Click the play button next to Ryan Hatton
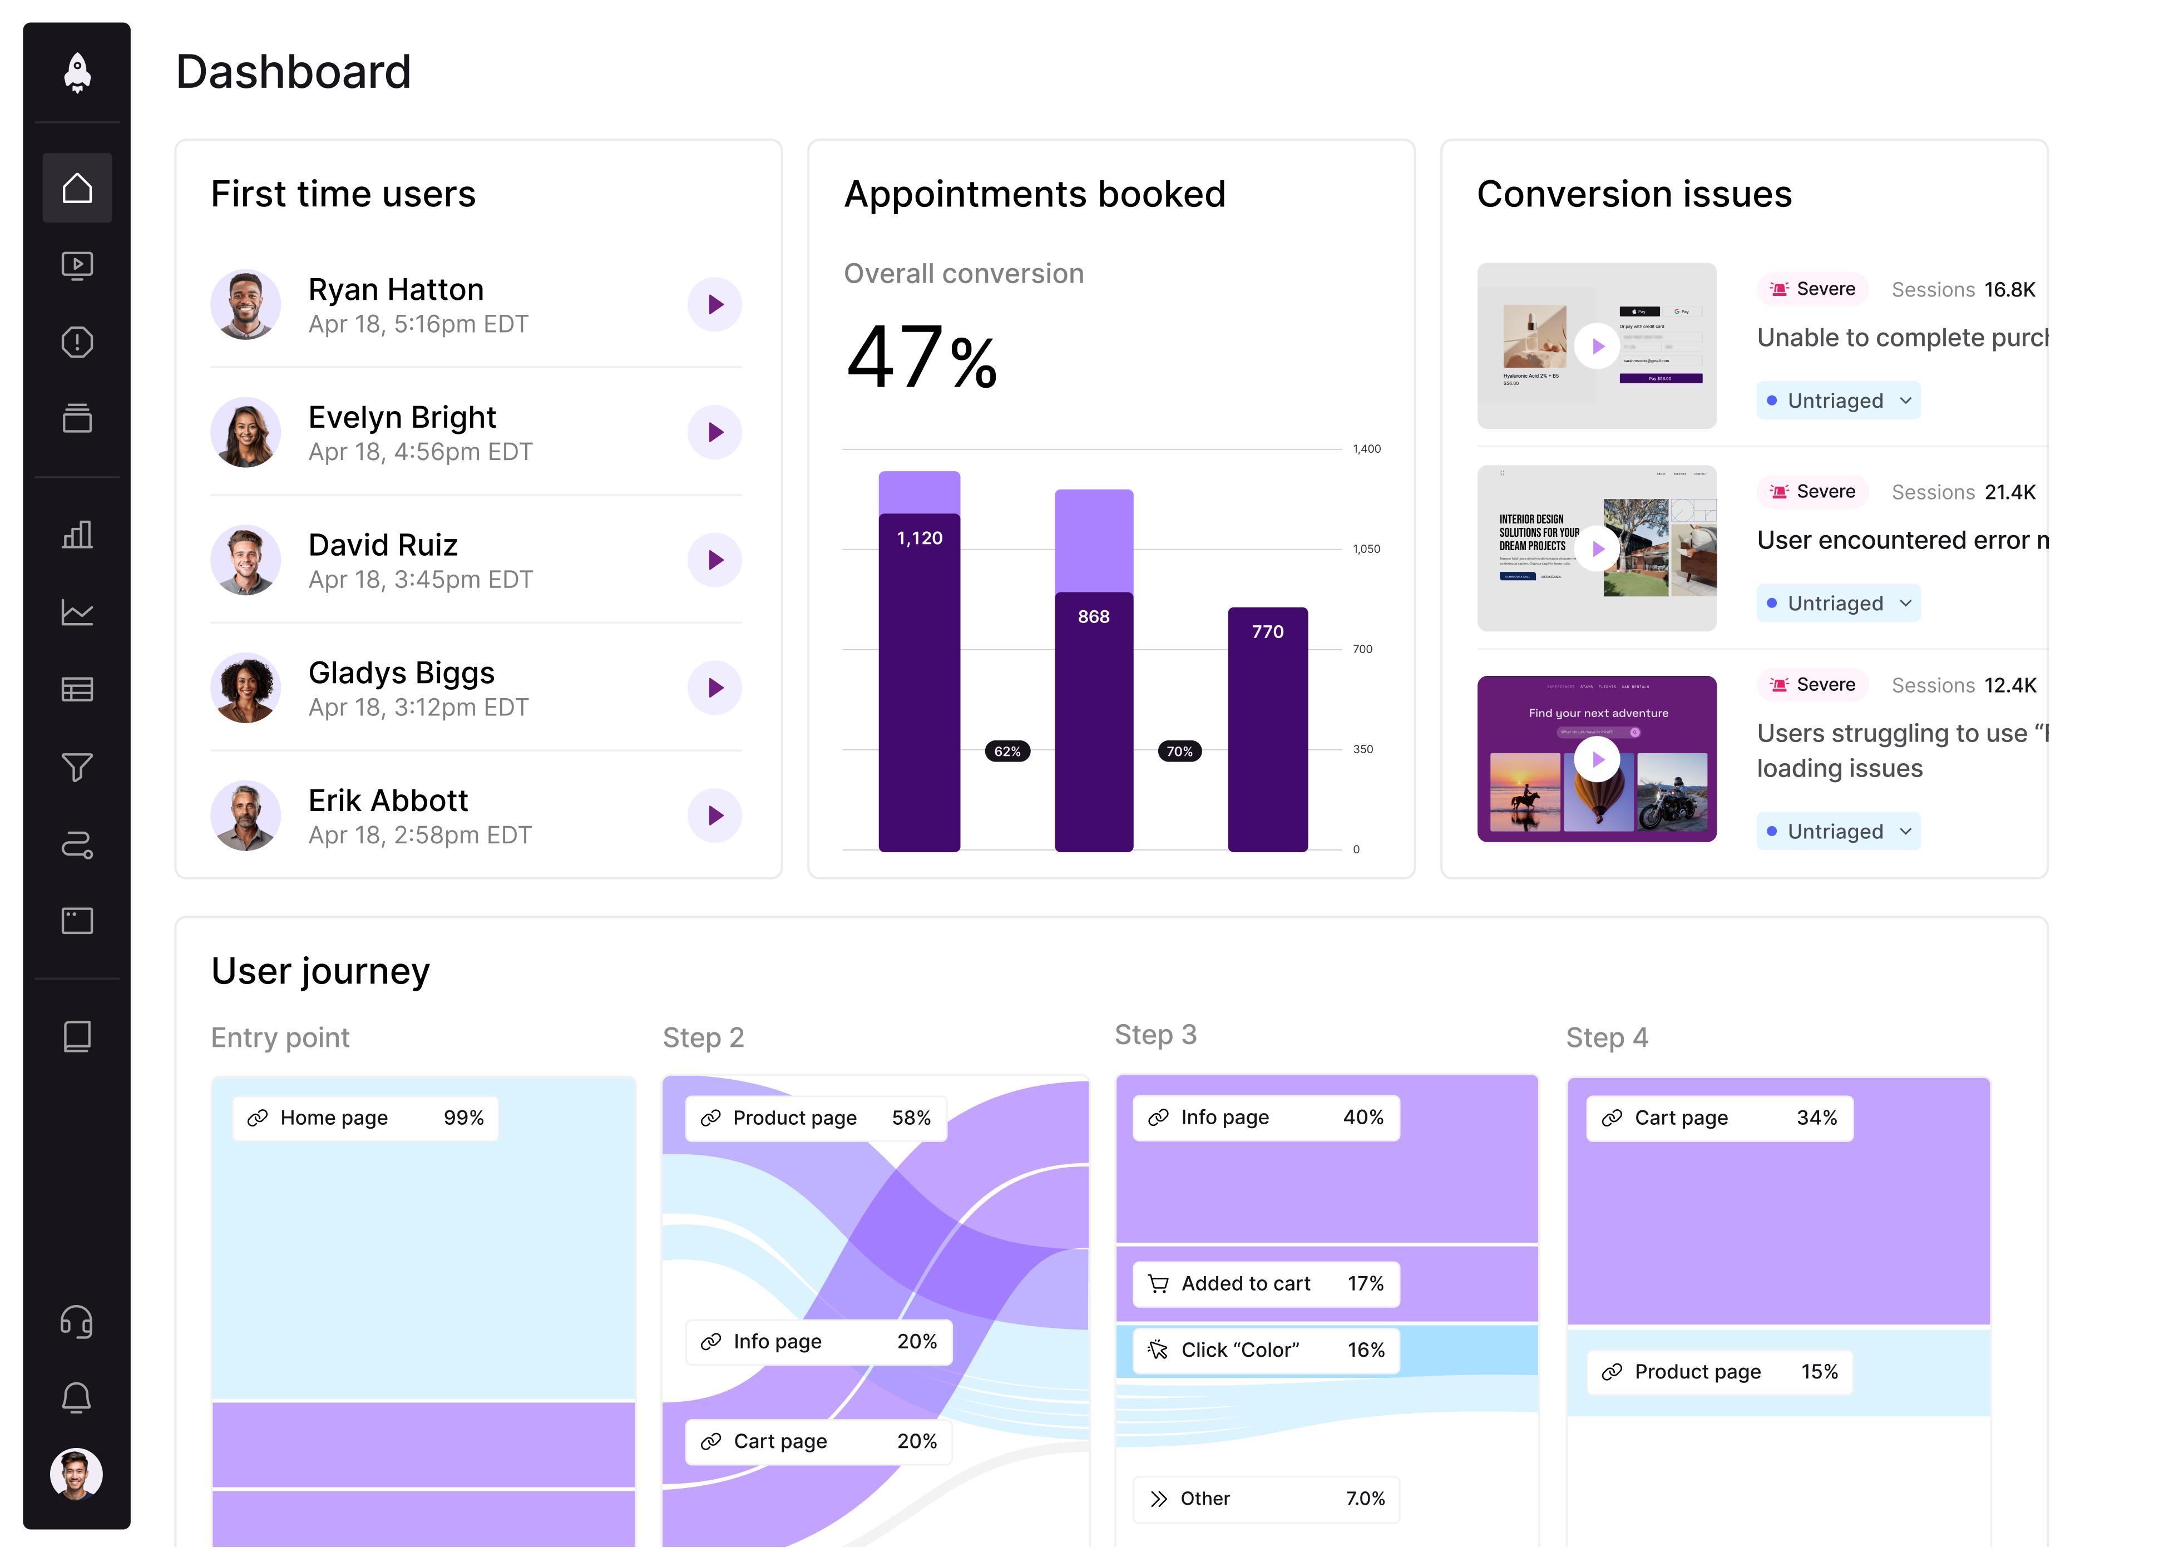(x=715, y=305)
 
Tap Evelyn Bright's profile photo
(x=245, y=433)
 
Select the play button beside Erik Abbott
(x=715, y=815)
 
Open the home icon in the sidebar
(x=77, y=188)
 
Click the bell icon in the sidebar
(x=77, y=1398)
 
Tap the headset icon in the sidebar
(x=77, y=1322)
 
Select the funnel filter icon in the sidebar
(x=77, y=767)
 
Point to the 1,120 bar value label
(x=919, y=538)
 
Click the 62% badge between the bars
(x=1007, y=751)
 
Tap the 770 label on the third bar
(x=1267, y=632)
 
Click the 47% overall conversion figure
(x=922, y=358)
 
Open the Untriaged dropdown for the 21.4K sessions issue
(x=1837, y=603)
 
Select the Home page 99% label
(x=366, y=1118)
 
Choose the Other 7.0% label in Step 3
(x=1266, y=1499)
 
